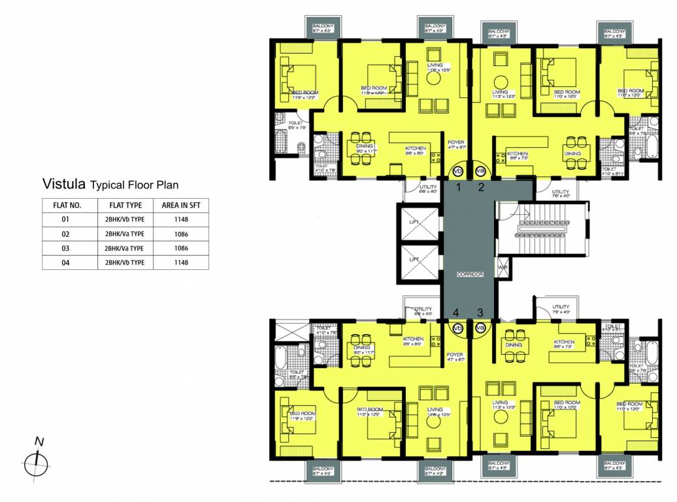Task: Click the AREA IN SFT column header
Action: (x=181, y=205)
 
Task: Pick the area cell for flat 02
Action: (x=181, y=233)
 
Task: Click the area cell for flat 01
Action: (x=181, y=219)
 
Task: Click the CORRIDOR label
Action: (x=470, y=275)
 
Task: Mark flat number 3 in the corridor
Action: (x=480, y=312)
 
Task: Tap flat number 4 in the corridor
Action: (x=457, y=312)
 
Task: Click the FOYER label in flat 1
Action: (x=455, y=142)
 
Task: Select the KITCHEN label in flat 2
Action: (x=518, y=154)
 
